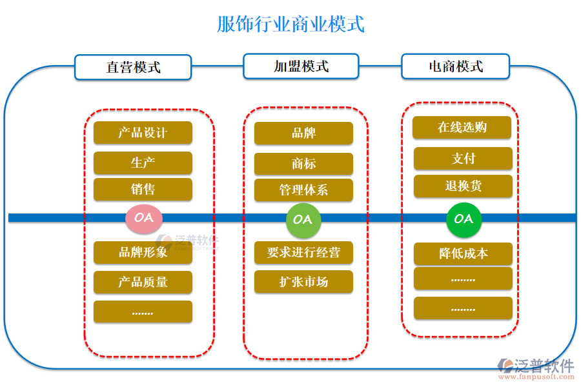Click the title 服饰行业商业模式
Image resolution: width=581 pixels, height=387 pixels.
pyautogui.click(x=290, y=25)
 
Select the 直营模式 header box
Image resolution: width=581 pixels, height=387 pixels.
pyautogui.click(x=133, y=67)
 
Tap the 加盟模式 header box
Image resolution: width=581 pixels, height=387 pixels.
pyautogui.click(x=301, y=66)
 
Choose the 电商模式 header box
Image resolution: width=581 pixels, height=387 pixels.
pyautogui.click(x=456, y=66)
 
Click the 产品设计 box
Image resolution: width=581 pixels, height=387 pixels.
pyautogui.click(x=143, y=133)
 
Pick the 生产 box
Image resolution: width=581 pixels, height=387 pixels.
pyautogui.click(x=143, y=163)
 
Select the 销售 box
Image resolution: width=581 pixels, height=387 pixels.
pyautogui.click(x=143, y=190)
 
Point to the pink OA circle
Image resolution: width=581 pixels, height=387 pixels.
pyautogui.click(x=143, y=218)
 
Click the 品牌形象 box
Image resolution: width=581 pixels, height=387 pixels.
pyautogui.click(x=143, y=252)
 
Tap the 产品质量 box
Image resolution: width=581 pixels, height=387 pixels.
pyautogui.click(x=143, y=283)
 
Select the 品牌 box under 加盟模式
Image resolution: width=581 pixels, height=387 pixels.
pyautogui.click(x=303, y=134)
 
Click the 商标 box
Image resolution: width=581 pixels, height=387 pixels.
pyautogui.click(x=303, y=164)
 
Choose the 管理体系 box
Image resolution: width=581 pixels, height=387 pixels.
pyautogui.click(x=303, y=190)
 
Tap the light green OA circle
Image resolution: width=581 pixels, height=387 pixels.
pyautogui.click(x=303, y=219)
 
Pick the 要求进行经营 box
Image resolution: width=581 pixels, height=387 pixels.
pyautogui.click(x=303, y=252)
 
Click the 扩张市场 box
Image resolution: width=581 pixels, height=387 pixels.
pyautogui.click(x=303, y=282)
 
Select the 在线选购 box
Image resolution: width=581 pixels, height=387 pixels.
pyautogui.click(x=462, y=128)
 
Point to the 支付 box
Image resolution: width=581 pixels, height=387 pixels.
pyautogui.click(x=463, y=159)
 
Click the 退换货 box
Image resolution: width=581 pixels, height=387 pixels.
pyautogui.click(x=463, y=186)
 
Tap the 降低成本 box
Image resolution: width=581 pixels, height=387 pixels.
pyautogui.click(x=463, y=253)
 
